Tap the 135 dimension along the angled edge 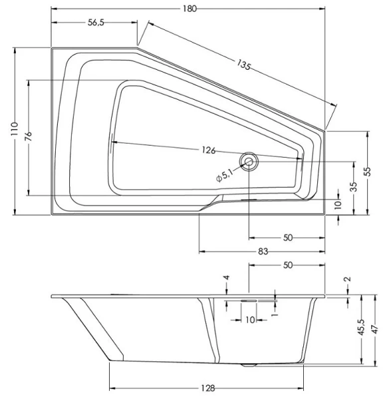tap(244, 65)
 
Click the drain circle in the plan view tap(249, 160)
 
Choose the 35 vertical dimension tap(354, 187)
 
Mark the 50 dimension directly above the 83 tap(287, 237)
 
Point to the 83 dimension tap(263, 251)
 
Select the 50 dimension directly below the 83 tap(287, 265)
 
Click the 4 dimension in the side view tap(227, 278)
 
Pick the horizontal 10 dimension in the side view tap(250, 320)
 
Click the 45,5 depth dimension tap(360, 327)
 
